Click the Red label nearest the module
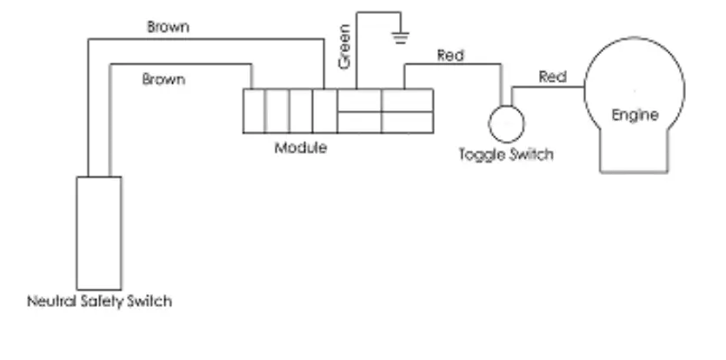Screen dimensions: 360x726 (x=450, y=56)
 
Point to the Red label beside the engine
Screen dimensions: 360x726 (x=553, y=77)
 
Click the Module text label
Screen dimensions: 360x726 (x=301, y=147)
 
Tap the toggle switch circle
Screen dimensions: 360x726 (x=504, y=123)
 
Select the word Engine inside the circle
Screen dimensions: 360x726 (x=634, y=116)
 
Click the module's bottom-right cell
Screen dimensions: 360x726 (x=407, y=122)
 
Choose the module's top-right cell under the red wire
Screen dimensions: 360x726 (x=407, y=100)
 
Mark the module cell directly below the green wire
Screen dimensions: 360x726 (x=358, y=100)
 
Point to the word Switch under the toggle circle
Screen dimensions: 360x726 (x=531, y=155)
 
